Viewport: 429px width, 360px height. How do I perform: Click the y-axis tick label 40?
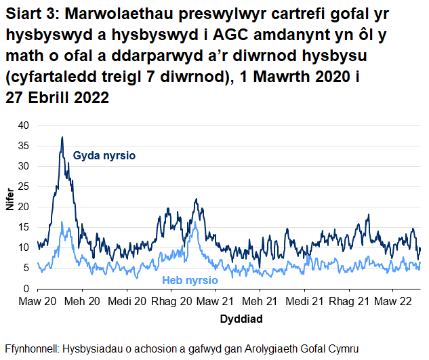(x=24, y=125)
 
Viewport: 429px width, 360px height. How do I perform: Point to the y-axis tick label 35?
(x=24, y=146)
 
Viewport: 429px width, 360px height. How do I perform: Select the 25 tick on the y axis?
(x=24, y=186)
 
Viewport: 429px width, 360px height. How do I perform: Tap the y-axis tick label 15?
(x=24, y=227)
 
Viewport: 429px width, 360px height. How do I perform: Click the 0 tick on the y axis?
(x=26, y=289)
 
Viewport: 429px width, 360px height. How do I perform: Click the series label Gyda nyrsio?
(x=104, y=156)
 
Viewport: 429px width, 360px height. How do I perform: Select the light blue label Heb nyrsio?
(x=190, y=280)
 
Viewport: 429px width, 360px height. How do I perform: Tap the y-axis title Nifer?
(x=9, y=207)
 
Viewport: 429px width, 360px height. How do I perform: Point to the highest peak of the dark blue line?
(x=62, y=137)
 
